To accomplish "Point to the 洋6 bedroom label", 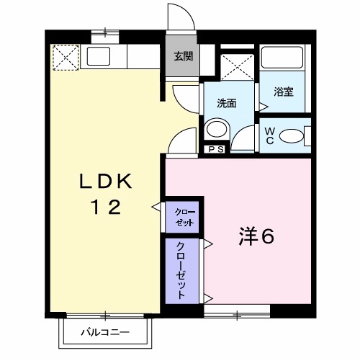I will coord(256,236).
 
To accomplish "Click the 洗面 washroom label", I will coord(227,102).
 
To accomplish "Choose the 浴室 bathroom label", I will coord(282,92).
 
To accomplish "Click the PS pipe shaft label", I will coord(214,150).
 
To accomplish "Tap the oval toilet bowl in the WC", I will coord(291,135).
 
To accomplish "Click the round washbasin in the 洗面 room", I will coord(215,130).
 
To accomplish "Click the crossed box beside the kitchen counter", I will coord(65,57).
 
